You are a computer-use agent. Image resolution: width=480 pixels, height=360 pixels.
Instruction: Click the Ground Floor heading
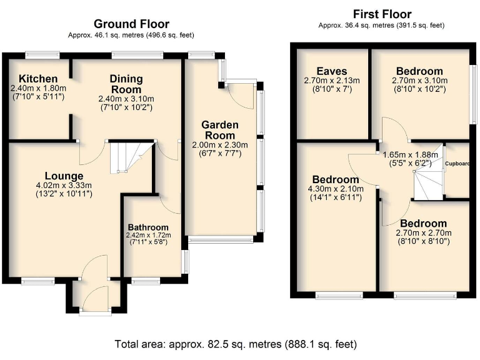[131, 24]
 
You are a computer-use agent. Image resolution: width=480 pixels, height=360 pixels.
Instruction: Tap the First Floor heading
[382, 14]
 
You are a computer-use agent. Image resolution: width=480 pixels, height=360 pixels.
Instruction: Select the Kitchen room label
[38, 79]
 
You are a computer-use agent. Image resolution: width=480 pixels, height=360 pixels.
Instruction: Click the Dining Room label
[126, 84]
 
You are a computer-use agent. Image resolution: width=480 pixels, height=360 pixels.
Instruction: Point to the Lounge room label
[64, 176]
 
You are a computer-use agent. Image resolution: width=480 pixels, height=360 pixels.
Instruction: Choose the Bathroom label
[148, 227]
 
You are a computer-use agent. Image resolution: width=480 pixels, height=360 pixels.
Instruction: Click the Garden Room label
[218, 130]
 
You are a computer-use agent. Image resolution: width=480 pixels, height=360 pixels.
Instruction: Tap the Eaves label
[331, 71]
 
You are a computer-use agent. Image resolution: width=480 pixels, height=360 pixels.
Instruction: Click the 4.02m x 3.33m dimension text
[64, 185]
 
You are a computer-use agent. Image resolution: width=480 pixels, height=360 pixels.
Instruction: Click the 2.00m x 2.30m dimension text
[219, 144]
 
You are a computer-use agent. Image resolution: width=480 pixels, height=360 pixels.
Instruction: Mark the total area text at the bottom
[236, 344]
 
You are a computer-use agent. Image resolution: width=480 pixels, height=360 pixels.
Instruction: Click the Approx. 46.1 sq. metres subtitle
[131, 36]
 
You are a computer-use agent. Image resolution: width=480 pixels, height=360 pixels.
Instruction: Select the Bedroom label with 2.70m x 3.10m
[419, 71]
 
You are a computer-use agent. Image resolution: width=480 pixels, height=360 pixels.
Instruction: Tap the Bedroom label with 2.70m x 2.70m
[424, 223]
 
